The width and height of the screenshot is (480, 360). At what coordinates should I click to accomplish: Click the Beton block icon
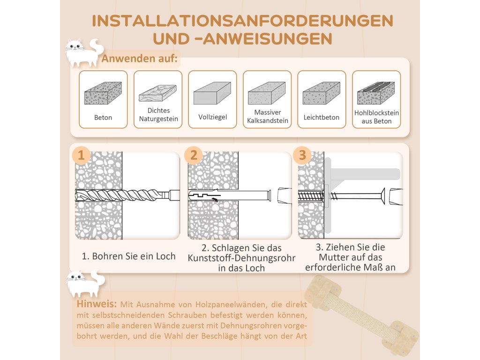103,93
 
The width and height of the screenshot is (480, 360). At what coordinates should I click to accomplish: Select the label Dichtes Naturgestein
158,114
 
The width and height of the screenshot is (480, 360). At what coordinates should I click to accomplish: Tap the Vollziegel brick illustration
212,93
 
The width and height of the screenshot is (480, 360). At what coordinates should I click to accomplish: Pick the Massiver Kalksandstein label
268,116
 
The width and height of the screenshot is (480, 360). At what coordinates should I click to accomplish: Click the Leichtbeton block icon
322,93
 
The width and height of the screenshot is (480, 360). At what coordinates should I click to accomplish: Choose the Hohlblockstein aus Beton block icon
376,93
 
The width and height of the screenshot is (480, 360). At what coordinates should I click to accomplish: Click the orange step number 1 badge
81,155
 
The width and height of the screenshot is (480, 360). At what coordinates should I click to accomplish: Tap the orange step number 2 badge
194,155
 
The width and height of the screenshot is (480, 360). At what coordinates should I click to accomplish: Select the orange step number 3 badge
302,155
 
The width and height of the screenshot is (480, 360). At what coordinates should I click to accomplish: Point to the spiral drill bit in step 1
127,195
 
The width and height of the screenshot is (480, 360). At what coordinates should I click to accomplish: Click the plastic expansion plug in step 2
230,195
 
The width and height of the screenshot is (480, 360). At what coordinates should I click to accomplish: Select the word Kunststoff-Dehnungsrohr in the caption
241,258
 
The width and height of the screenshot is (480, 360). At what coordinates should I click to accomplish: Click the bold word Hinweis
97,304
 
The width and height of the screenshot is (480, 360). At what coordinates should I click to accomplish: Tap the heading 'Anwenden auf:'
139,58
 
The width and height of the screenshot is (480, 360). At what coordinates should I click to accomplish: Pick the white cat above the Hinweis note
85,284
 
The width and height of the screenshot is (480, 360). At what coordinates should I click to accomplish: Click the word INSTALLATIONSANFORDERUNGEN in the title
242,21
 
